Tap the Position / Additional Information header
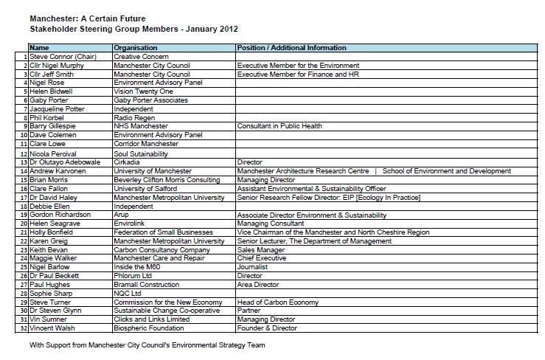291,48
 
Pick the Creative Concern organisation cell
142,57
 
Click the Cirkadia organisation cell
129,162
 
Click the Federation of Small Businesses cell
164,232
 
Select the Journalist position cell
251,267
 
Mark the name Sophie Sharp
51,294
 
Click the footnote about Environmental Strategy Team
147,345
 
